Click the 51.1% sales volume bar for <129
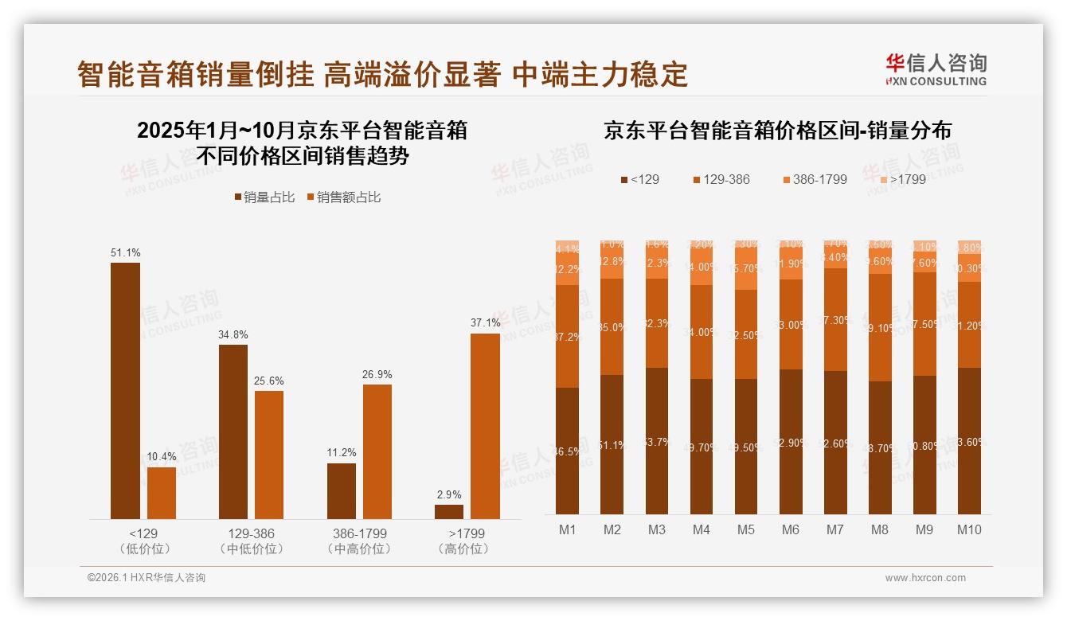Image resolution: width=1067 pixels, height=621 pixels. tap(125, 390)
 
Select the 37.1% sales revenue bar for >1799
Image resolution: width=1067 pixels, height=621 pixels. tap(485, 426)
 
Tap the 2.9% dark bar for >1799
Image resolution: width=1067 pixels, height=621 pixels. tap(449, 511)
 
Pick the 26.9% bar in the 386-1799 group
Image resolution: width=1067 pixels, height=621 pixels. tap(377, 451)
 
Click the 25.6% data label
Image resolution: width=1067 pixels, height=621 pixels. tap(269, 381)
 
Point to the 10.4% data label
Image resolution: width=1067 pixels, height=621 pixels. tap(162, 457)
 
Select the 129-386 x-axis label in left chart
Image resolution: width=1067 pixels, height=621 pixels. tap(251, 533)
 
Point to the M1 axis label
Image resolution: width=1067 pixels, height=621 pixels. tap(568, 529)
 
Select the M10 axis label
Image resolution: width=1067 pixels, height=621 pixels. tap(969, 529)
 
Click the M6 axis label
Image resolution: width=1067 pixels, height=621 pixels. tap(791, 529)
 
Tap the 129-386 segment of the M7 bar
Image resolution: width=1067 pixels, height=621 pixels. tap(835, 319)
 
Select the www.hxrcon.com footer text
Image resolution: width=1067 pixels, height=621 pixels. tap(925, 578)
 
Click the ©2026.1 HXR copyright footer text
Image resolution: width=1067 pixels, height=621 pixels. tap(147, 578)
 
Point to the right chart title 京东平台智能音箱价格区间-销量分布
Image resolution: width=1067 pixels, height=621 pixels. tap(777, 130)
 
